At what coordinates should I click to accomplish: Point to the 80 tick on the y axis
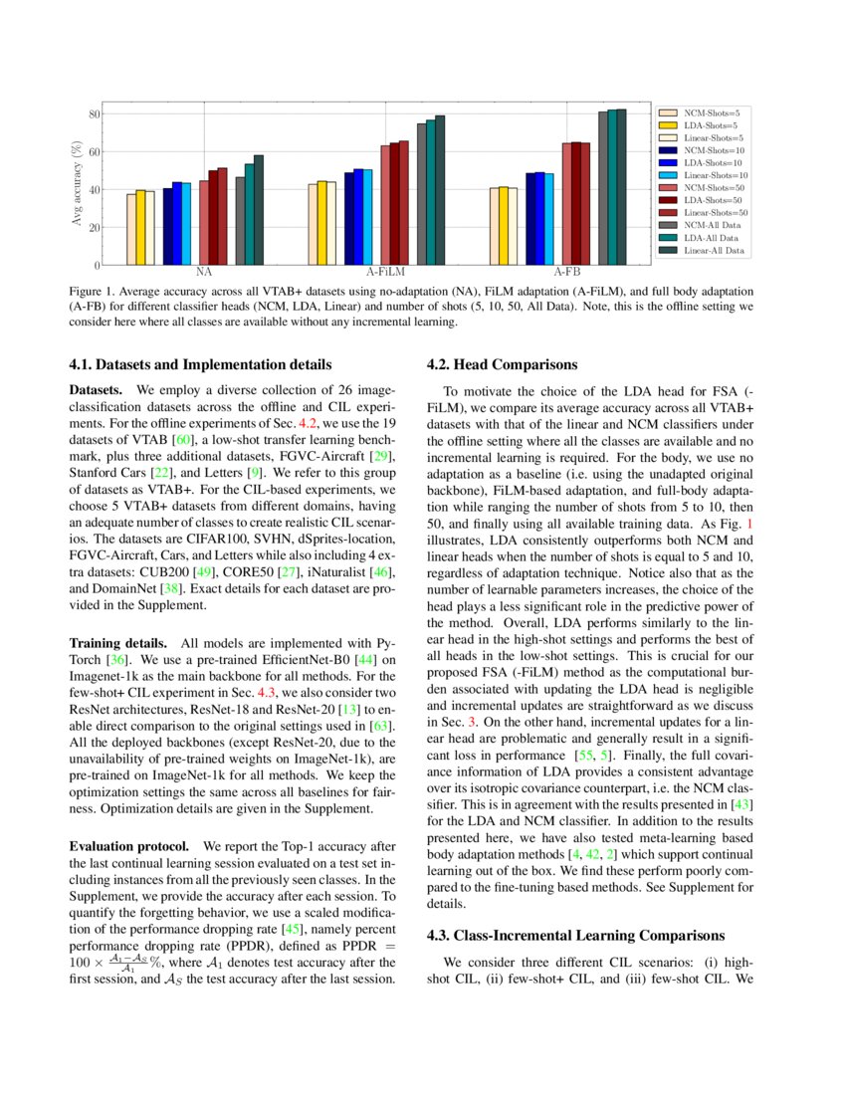tap(92, 114)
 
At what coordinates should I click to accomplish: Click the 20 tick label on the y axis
tap(92, 228)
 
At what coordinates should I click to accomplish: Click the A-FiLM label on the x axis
tap(384, 272)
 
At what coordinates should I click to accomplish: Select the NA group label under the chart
tap(203, 272)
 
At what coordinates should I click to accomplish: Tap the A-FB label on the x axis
tap(566, 272)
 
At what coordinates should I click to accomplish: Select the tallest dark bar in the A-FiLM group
tap(440, 190)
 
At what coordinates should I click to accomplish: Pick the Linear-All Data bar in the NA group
tap(259, 210)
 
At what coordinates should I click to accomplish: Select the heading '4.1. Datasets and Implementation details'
tap(200, 364)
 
